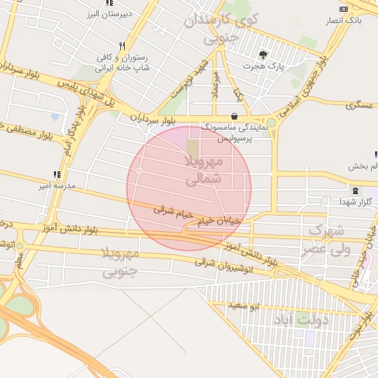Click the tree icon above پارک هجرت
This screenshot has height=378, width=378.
(x=263, y=54)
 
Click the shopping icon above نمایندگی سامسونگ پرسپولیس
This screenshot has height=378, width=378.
(x=234, y=115)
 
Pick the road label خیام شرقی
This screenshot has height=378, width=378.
(x=173, y=212)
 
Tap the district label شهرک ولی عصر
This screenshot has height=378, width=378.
(x=323, y=240)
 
